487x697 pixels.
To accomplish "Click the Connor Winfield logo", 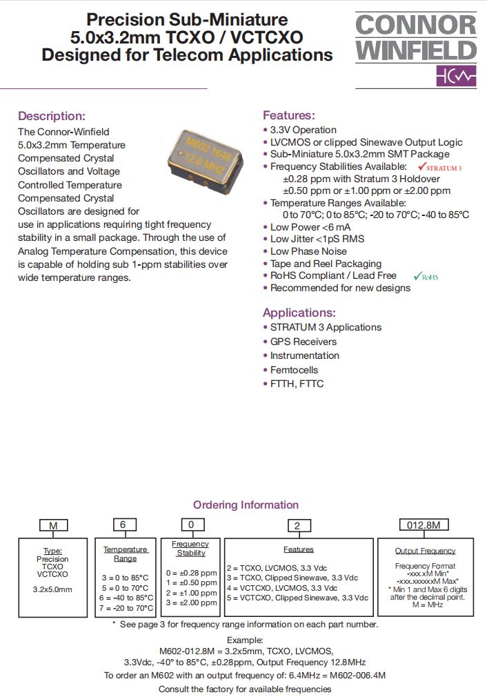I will [x=416, y=49].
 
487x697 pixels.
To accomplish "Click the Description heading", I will [x=52, y=116].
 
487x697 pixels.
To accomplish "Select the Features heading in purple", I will [x=288, y=115].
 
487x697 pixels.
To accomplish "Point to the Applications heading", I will [x=299, y=312].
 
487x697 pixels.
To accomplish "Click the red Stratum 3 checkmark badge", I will [x=439, y=167].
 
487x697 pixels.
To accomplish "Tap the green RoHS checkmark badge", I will [x=425, y=276].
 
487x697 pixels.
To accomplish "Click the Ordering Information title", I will [x=246, y=504].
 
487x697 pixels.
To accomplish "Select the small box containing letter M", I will [x=53, y=526].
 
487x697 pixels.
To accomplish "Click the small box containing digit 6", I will [x=123, y=524].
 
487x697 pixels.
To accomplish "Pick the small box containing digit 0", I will [x=190, y=524].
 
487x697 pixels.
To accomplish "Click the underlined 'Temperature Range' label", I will [x=126, y=553].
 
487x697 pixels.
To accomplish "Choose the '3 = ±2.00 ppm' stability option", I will [x=191, y=602].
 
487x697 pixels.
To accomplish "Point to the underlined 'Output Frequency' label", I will [x=425, y=551].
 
